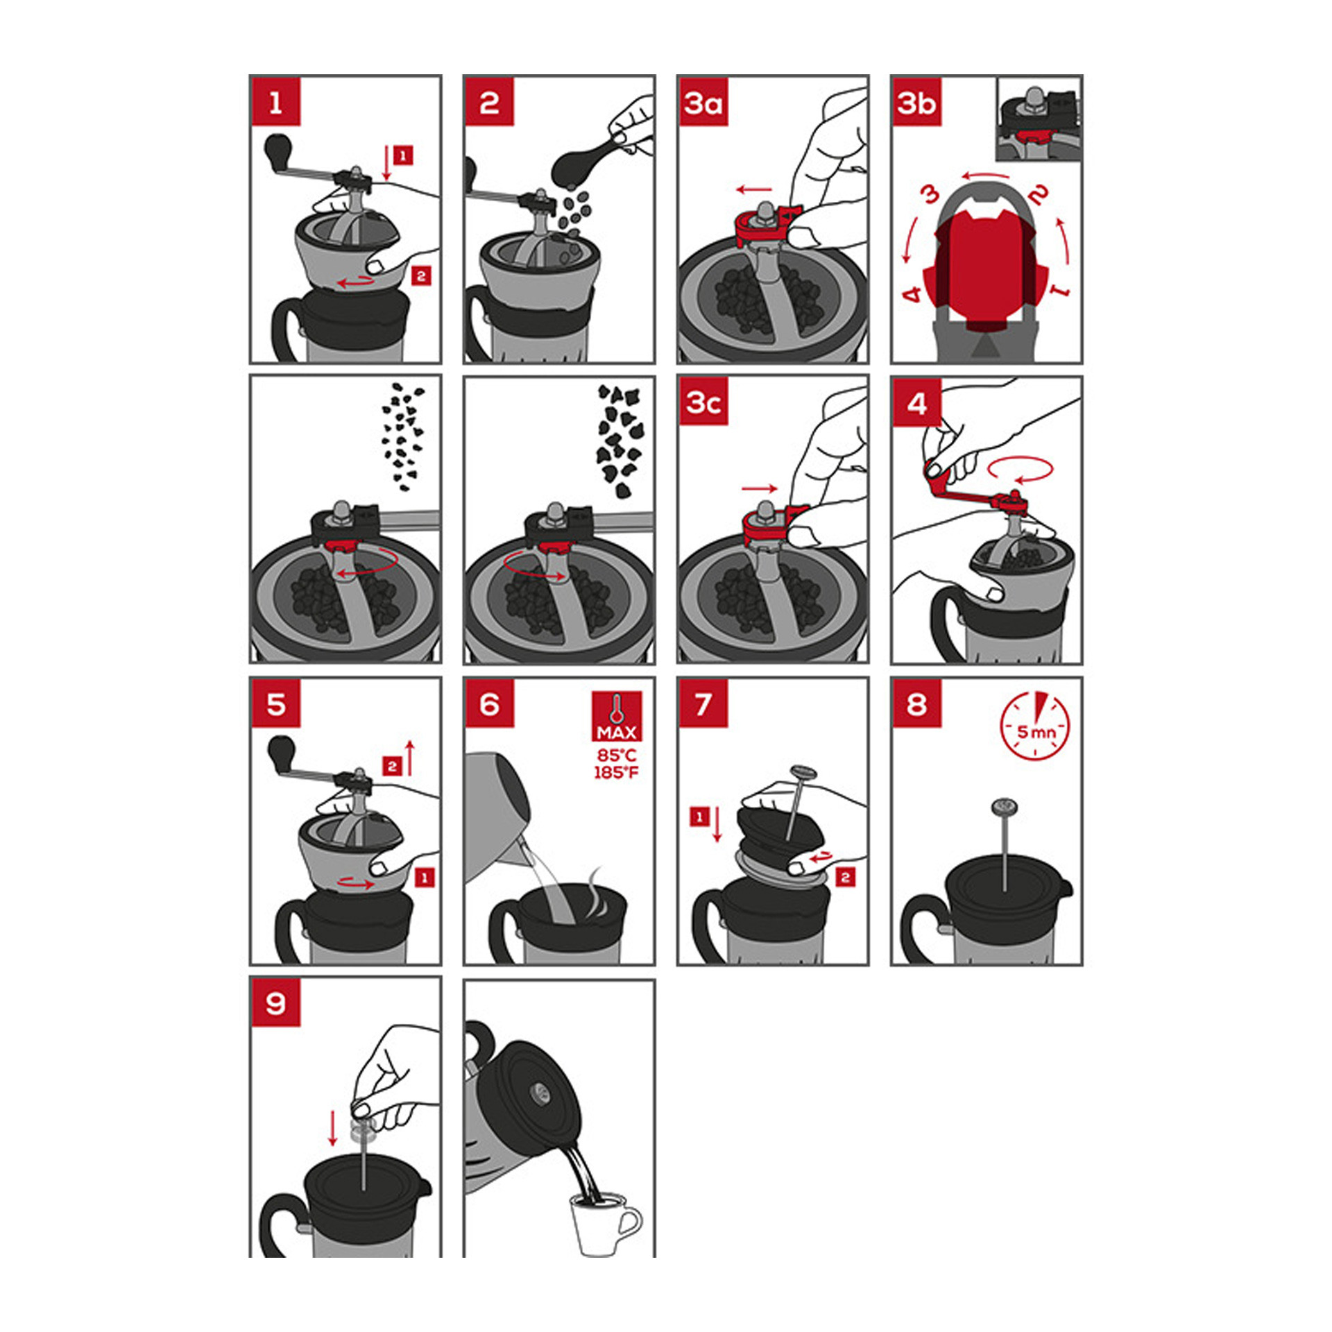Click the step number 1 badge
[x=276, y=102]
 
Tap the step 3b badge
[x=917, y=102]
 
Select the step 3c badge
[x=703, y=402]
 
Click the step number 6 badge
[x=490, y=703]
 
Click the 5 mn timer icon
[x=1034, y=726]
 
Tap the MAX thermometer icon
[x=617, y=716]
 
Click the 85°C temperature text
[x=616, y=755]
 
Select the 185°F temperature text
[x=616, y=772]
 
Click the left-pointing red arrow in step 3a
[x=754, y=189]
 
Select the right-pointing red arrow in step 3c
[x=760, y=489]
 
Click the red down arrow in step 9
[x=333, y=1129]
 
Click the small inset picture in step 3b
[x=1038, y=119]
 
